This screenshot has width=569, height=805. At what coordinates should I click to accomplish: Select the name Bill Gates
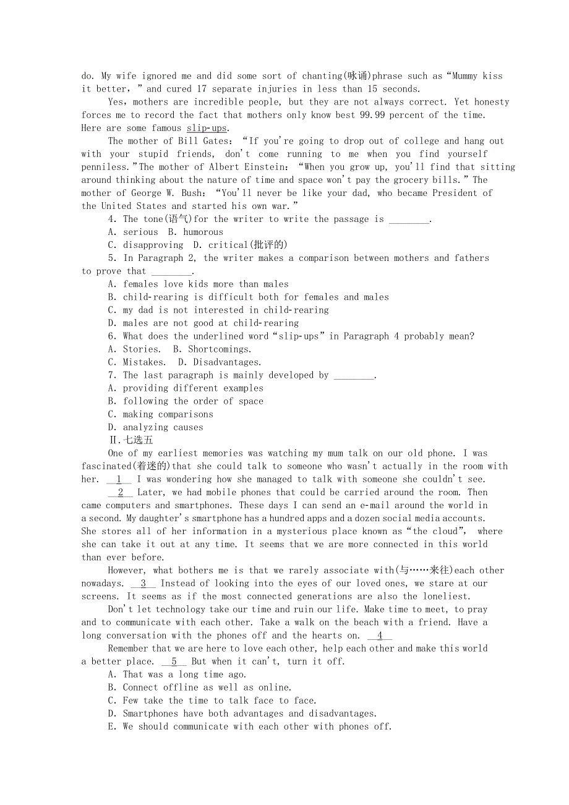coord(198,141)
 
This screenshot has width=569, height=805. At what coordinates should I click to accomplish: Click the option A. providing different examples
coord(186,388)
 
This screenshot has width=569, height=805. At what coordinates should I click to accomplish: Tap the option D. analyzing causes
coord(155,427)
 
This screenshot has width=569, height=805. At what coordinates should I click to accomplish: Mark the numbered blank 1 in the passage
coord(119,479)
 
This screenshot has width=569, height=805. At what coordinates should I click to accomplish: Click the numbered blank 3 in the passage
coord(143,583)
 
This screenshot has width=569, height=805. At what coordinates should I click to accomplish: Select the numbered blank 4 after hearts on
coord(380,635)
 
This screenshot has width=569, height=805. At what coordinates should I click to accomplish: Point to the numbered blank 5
coord(174,661)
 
